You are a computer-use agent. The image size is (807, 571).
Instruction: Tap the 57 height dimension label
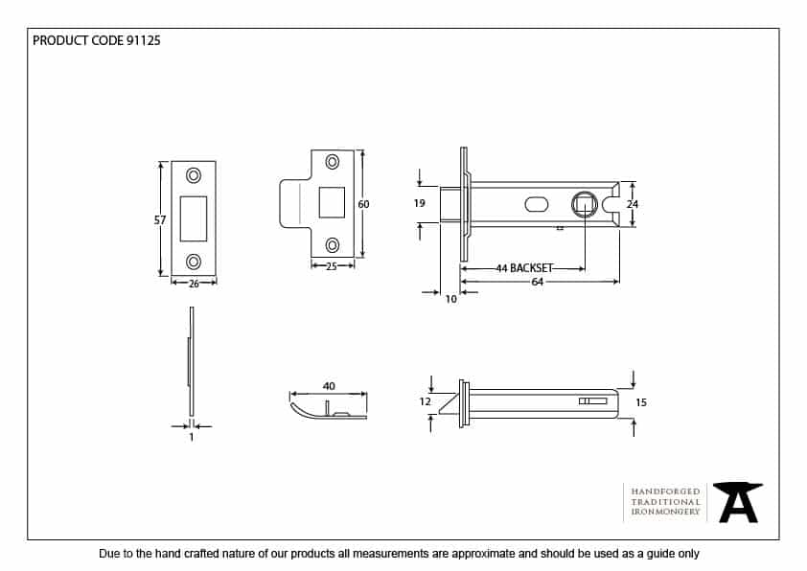click(x=159, y=220)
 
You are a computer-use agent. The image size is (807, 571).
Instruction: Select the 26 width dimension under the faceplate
click(x=194, y=283)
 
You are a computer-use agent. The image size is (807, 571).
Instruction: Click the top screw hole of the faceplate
click(x=194, y=175)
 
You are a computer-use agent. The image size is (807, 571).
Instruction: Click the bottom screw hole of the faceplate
click(x=194, y=262)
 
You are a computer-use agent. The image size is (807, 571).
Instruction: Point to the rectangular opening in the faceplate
click(x=194, y=217)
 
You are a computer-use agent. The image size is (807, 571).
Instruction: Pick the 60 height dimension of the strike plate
click(x=363, y=204)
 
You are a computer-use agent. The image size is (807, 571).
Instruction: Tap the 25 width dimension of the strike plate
click(x=332, y=266)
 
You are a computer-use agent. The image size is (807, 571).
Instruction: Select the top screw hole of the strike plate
click(x=334, y=162)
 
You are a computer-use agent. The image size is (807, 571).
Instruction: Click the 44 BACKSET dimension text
click(x=524, y=269)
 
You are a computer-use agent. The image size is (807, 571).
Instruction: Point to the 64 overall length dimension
click(x=538, y=282)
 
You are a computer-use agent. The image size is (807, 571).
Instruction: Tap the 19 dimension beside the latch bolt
click(x=419, y=203)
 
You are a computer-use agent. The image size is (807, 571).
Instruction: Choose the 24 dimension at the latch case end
click(x=632, y=204)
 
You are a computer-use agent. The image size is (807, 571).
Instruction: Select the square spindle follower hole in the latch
click(x=582, y=203)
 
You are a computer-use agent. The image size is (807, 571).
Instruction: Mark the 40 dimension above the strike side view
click(x=329, y=386)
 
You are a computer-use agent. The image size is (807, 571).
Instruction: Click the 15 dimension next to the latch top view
click(x=641, y=402)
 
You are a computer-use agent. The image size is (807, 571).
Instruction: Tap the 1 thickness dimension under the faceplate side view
click(x=192, y=437)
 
